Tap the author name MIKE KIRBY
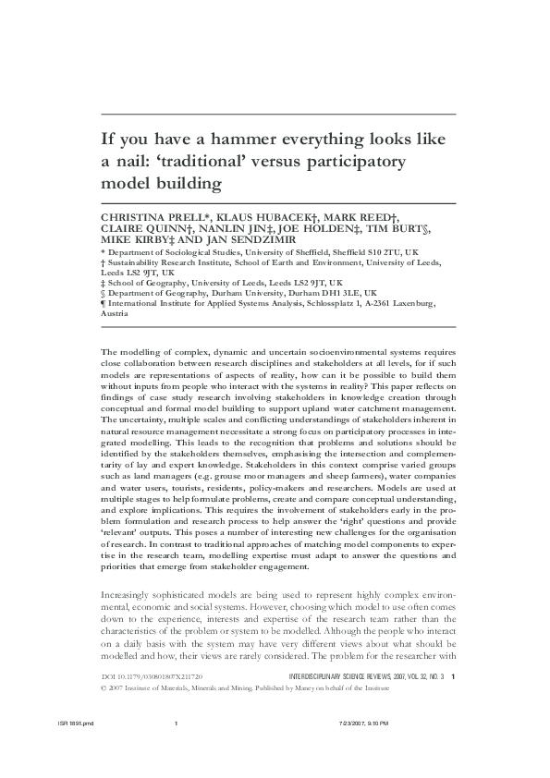click(x=138, y=239)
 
